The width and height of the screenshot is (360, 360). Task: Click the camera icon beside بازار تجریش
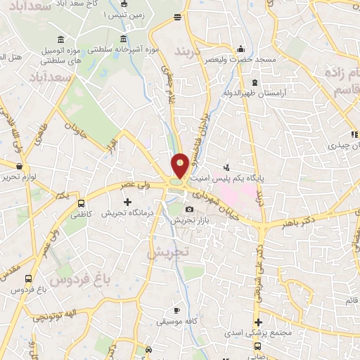pos(188,210)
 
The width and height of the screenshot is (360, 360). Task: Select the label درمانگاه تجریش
pos(124,213)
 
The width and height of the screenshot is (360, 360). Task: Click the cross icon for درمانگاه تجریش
pos(127,202)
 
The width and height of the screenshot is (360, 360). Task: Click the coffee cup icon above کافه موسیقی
pos(177,310)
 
